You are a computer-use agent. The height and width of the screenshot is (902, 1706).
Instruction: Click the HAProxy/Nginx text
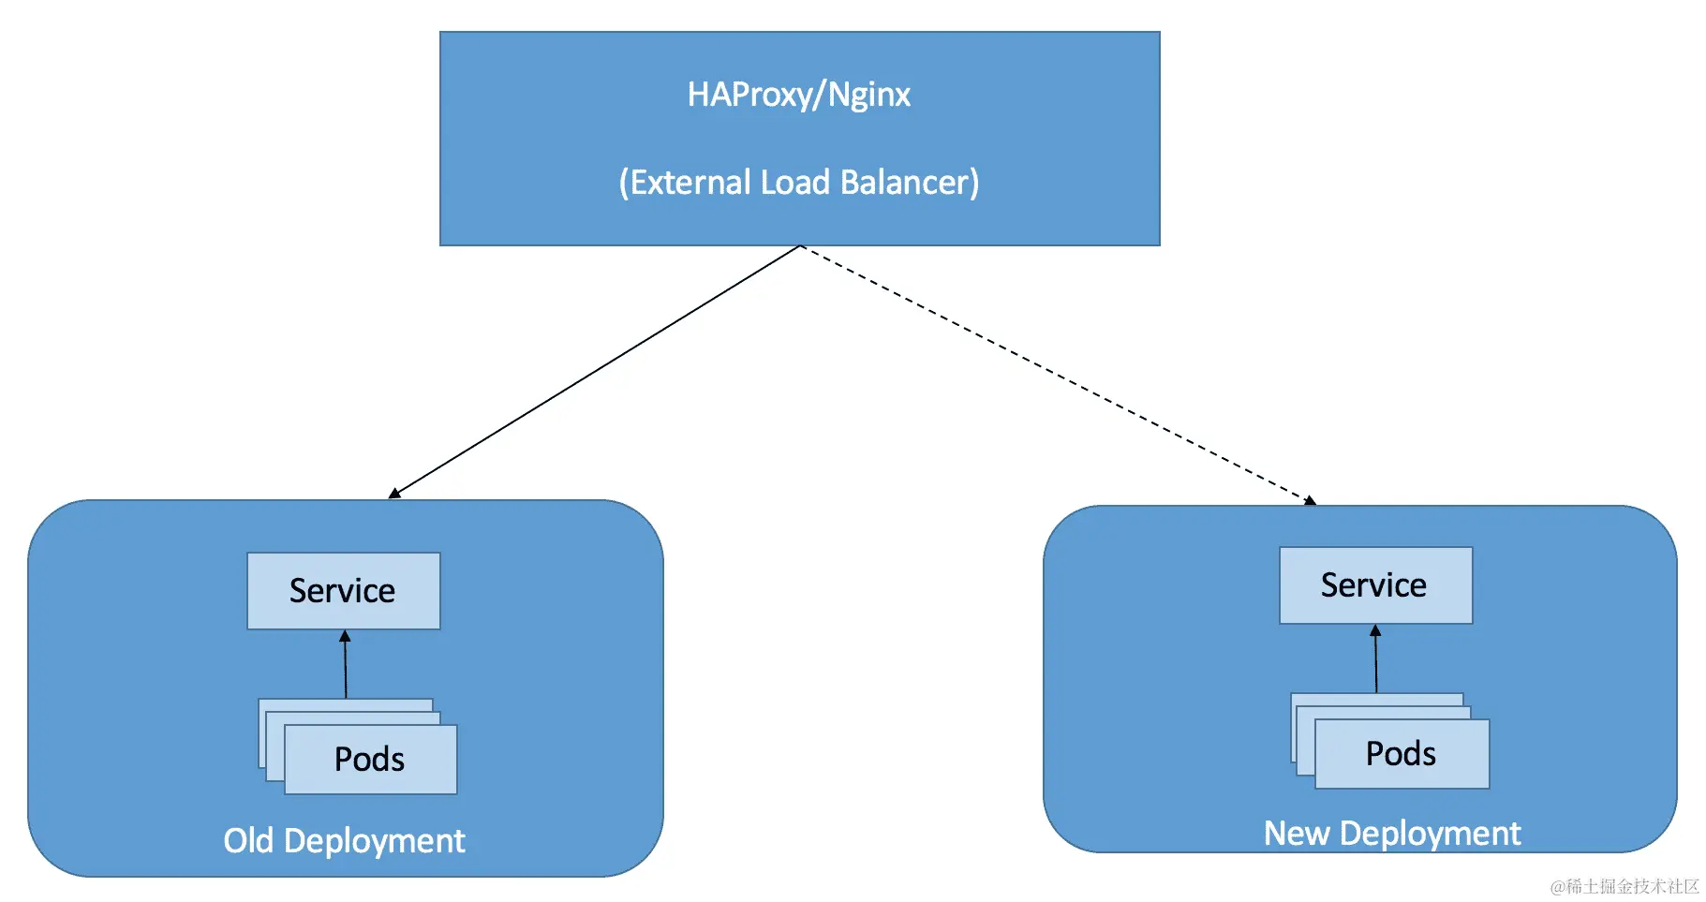798,95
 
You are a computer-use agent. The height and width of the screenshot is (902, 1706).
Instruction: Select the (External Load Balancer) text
798,182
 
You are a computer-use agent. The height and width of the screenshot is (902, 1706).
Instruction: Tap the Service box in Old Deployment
343,591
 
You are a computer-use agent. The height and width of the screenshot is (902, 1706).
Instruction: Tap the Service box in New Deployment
1375,585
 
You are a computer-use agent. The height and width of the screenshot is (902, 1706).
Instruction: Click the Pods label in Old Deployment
369,759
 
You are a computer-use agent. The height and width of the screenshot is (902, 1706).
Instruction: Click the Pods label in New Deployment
1401,754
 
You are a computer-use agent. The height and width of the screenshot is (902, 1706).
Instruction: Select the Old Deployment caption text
344,840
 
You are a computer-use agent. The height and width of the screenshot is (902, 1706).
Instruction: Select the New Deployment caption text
1391,833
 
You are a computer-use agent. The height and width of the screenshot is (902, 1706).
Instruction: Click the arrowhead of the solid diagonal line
394,493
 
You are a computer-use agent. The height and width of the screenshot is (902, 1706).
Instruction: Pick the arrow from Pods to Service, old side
346,665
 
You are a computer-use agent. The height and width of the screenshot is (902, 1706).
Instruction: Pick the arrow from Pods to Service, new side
1376,659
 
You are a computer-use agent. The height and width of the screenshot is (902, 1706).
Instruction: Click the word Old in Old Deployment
248,840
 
